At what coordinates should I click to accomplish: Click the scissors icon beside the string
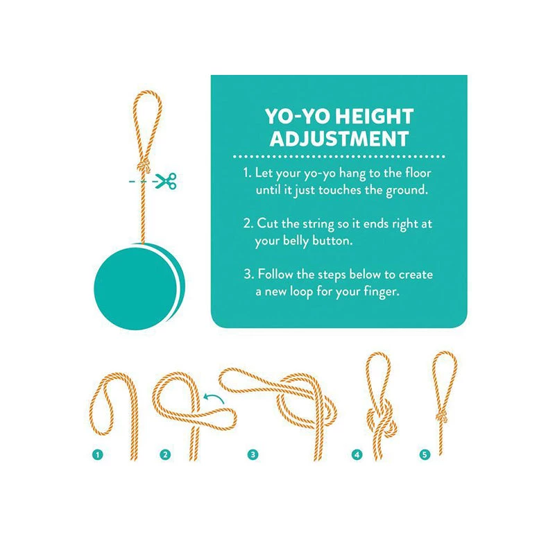pyautogui.click(x=166, y=181)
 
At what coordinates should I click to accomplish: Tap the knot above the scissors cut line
pyautogui.click(x=143, y=166)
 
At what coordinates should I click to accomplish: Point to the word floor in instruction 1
pyautogui.click(x=418, y=173)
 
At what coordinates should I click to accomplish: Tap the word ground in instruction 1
pyautogui.click(x=407, y=191)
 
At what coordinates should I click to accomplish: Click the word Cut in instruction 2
pyautogui.click(x=268, y=223)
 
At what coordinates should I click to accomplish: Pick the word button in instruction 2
pyautogui.click(x=332, y=241)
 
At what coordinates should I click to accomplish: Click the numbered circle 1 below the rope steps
pyautogui.click(x=97, y=454)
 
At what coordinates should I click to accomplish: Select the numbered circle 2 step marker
pyautogui.click(x=165, y=454)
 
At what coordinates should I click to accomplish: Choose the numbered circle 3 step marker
pyautogui.click(x=253, y=454)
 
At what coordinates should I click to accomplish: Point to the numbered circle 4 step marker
pyautogui.click(x=357, y=454)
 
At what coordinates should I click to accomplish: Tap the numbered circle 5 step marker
pyautogui.click(x=425, y=454)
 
